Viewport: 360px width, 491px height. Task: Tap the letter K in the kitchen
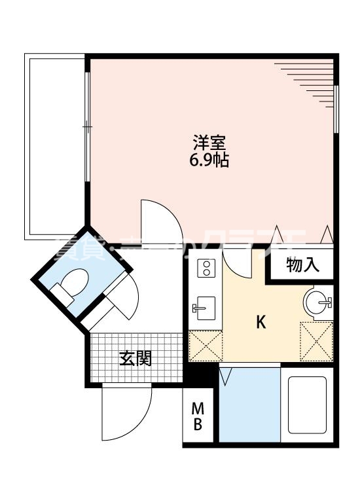tap(261, 322)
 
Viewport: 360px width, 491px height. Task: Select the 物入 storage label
tap(302, 266)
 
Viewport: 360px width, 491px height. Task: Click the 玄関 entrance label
tap(135, 358)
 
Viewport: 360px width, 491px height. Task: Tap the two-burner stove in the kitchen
tap(206, 269)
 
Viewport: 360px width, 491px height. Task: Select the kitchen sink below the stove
tap(205, 306)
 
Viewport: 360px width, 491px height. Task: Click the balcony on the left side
tap(55, 148)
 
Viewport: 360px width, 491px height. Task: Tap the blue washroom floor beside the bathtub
tap(248, 406)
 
